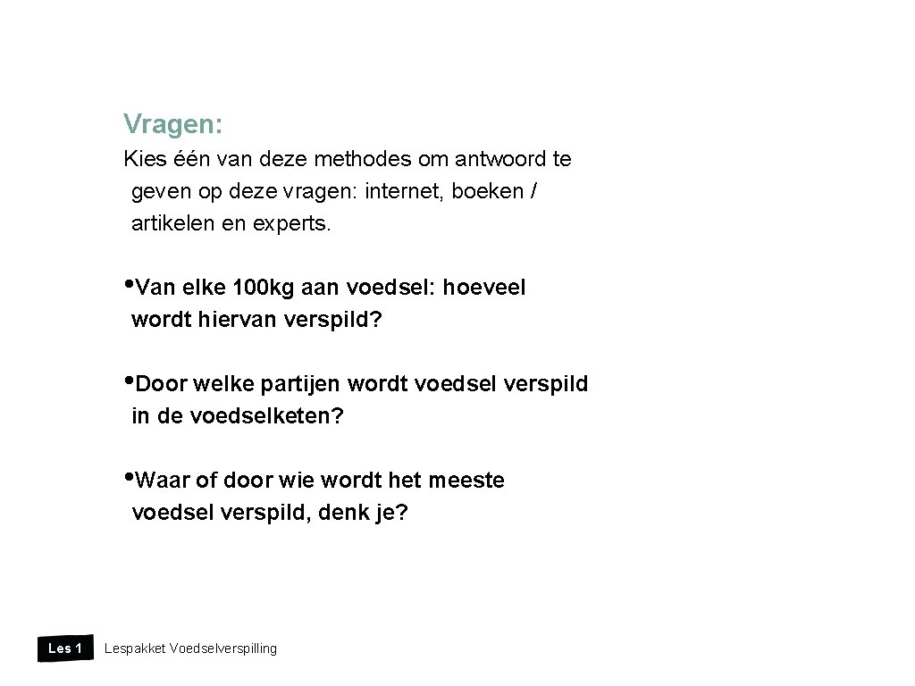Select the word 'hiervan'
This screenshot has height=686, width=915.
pyautogui.click(x=243, y=320)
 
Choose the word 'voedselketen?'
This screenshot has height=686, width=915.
pyautogui.click(x=266, y=416)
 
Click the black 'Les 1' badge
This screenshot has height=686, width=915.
pyautogui.click(x=64, y=648)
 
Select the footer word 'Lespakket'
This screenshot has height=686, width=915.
pyautogui.click(x=134, y=648)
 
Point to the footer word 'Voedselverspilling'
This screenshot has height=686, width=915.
pyautogui.click(x=222, y=648)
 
